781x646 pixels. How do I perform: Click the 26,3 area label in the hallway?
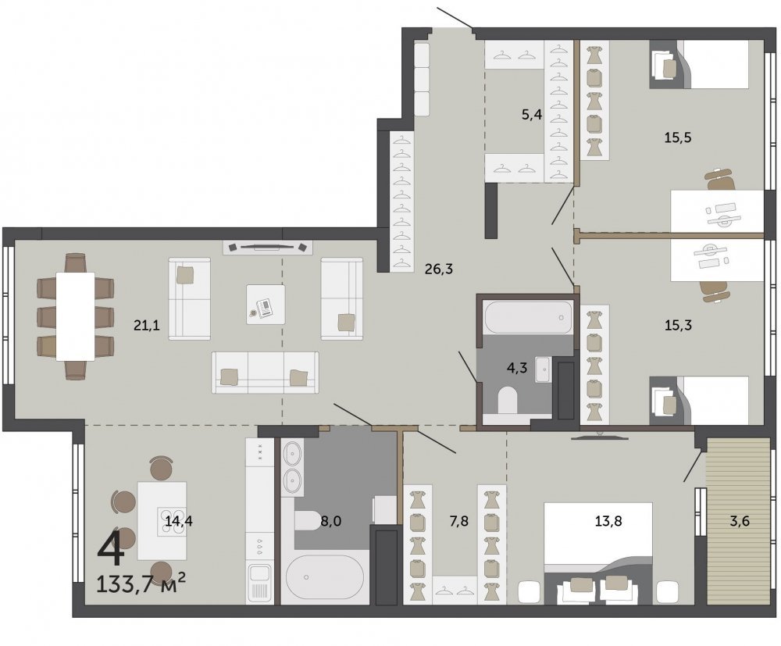pyautogui.click(x=439, y=269)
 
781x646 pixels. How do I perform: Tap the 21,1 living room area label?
pyautogui.click(x=147, y=326)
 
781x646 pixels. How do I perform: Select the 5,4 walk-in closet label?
pyautogui.click(x=531, y=115)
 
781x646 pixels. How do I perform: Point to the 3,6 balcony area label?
pyautogui.click(x=740, y=522)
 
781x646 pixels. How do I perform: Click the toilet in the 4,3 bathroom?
pyautogui.click(x=508, y=399)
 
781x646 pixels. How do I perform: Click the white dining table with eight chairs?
pyautogui.click(x=75, y=316)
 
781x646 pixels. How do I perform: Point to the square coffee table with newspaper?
pyautogui.click(x=266, y=305)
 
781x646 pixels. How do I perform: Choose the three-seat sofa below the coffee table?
pyautogui.click(x=265, y=373)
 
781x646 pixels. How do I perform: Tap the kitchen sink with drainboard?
pyautogui.click(x=259, y=584)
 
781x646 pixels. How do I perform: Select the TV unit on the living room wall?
pyautogui.click(x=268, y=247)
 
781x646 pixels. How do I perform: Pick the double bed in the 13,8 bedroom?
pyautogui.click(x=598, y=553)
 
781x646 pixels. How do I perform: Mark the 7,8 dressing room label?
pyautogui.click(x=458, y=522)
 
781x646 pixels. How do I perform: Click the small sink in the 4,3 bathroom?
pyautogui.click(x=543, y=369)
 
